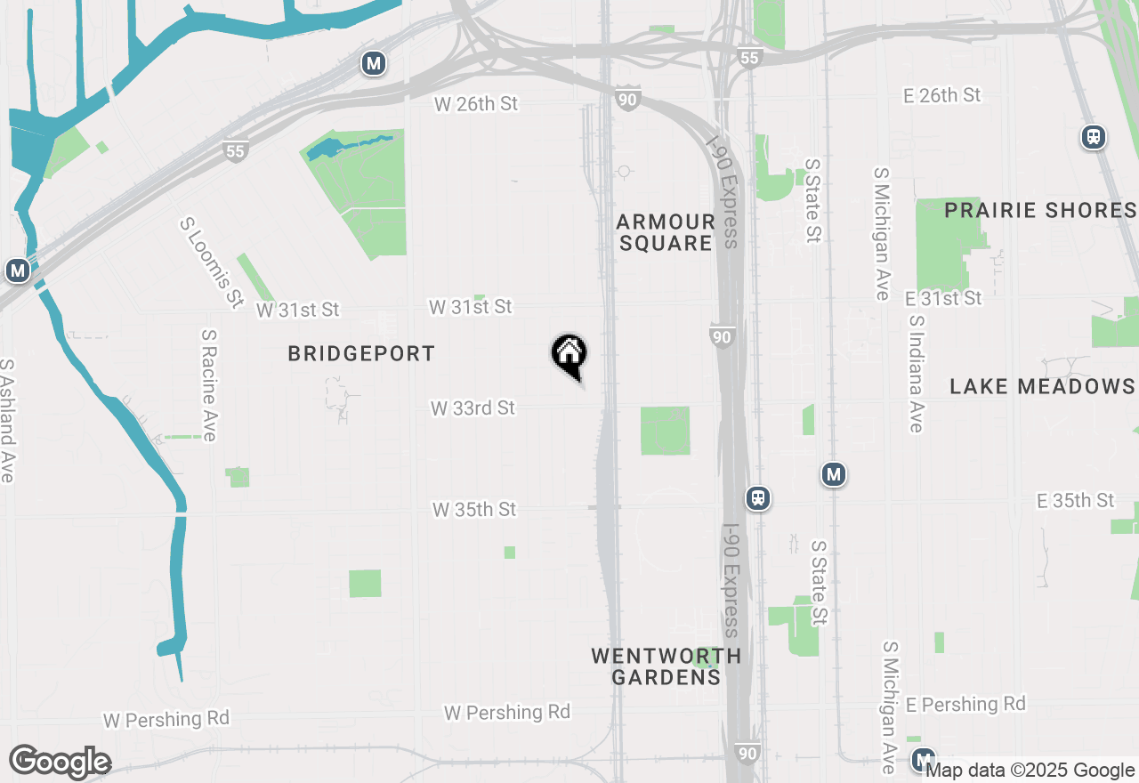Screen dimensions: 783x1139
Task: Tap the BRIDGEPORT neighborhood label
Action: click(x=361, y=354)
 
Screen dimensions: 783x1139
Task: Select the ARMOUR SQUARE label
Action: click(x=666, y=232)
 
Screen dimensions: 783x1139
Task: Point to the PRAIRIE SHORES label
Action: click(x=1040, y=211)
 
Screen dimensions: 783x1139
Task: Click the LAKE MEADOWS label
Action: click(x=1042, y=386)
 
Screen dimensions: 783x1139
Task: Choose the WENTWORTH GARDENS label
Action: click(x=666, y=666)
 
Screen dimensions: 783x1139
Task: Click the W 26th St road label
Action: click(x=476, y=104)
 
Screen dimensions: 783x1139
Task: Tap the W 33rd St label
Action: click(x=473, y=408)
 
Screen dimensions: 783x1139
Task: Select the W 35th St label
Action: click(x=474, y=510)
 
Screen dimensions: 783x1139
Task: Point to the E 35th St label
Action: click(x=1075, y=501)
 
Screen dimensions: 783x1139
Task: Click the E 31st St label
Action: click(x=943, y=298)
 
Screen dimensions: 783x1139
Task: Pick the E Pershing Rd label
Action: click(x=965, y=705)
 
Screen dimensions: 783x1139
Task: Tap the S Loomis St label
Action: click(x=211, y=262)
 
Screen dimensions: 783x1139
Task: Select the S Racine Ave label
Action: click(x=209, y=385)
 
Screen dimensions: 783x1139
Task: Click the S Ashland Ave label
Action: click(x=7, y=421)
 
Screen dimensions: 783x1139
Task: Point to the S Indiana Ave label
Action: click(x=916, y=374)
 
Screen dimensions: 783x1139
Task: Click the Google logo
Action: click(x=60, y=763)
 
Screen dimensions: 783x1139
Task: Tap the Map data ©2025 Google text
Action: click(x=1030, y=771)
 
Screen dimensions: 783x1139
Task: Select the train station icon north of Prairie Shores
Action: click(x=1094, y=137)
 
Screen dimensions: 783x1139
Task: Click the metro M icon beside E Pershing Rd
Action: click(x=923, y=759)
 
